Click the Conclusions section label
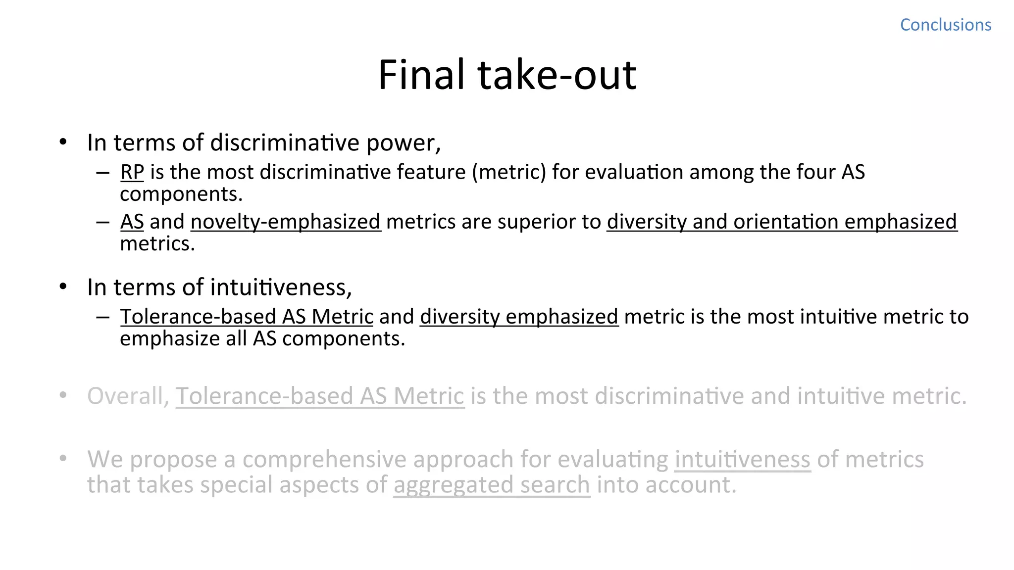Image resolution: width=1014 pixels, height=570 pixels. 945,25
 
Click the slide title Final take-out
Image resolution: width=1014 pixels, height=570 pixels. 507,75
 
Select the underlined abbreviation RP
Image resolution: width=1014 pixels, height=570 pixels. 132,172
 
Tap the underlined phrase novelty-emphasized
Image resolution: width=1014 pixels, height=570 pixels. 286,222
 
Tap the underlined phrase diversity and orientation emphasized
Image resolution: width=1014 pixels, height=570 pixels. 782,222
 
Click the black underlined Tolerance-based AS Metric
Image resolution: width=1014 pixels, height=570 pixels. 247,317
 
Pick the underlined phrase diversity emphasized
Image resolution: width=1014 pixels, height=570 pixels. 519,317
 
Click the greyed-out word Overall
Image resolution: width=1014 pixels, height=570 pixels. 128,396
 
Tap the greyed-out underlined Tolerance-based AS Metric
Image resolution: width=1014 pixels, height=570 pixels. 320,396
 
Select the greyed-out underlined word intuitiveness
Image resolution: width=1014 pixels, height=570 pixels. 742,460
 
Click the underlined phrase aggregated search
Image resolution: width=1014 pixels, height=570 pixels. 492,485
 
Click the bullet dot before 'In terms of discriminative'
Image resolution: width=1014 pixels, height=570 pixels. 63,142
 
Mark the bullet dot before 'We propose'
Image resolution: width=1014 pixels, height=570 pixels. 63,459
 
